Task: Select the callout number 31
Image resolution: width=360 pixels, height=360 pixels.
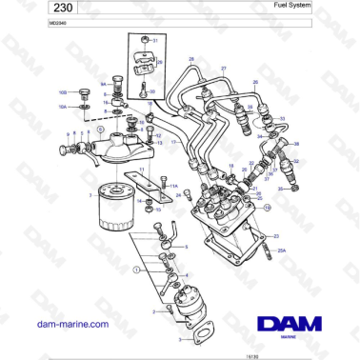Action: point(156,42)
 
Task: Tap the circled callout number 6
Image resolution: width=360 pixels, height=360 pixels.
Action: point(89,129)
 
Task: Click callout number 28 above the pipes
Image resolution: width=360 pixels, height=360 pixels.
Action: point(190,60)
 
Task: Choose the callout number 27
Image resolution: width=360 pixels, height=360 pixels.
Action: point(224,70)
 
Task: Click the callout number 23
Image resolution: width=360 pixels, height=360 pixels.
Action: point(276,235)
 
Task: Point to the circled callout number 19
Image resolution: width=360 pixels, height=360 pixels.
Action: point(267,207)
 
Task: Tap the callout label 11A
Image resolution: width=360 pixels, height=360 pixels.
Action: point(174,188)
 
